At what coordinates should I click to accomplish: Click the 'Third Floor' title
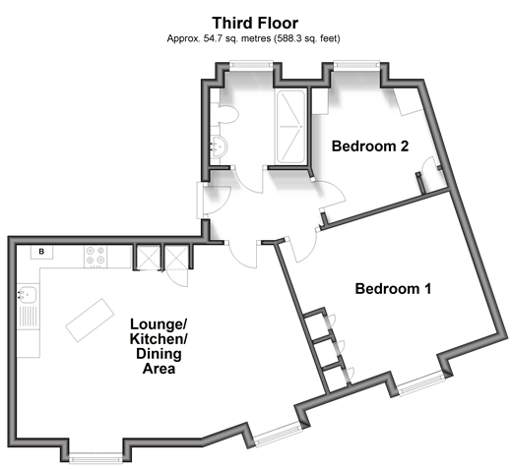(255, 23)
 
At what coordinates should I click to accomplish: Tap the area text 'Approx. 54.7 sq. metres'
(219, 38)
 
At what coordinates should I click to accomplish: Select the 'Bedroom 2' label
(370, 147)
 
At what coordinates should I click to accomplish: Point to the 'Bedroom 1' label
(393, 289)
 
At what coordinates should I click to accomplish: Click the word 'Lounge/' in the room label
(159, 324)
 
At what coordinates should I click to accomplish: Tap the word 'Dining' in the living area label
(159, 354)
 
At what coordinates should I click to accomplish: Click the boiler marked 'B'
(41, 252)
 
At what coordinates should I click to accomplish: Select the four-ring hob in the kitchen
(96, 257)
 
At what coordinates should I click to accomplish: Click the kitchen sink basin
(27, 294)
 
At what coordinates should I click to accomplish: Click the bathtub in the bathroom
(291, 127)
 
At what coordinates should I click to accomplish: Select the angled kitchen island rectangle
(90, 320)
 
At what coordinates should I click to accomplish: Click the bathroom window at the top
(251, 64)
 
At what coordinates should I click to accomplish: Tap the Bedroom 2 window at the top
(356, 64)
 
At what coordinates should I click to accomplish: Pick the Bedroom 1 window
(421, 383)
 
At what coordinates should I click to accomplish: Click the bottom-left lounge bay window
(96, 457)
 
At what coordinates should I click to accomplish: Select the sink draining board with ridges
(28, 317)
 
